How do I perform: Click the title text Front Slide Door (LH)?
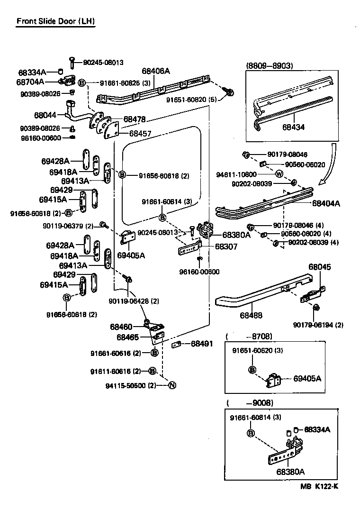(55, 21)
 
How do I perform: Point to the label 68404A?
(326, 203)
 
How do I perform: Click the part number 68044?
(45, 115)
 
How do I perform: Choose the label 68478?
(135, 119)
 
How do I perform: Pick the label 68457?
(140, 134)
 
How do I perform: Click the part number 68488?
(252, 315)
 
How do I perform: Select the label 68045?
(320, 267)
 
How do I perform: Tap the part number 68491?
(202, 344)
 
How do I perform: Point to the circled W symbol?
(279, 174)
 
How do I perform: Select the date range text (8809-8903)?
(270, 65)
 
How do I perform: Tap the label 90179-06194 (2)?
(318, 325)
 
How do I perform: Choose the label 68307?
(226, 246)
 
